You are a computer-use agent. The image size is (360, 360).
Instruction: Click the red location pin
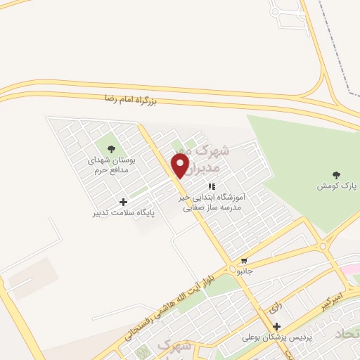[181, 165]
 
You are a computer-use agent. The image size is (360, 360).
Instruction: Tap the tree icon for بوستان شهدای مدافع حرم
[110, 148]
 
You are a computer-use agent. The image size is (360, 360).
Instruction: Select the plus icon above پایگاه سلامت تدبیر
[124, 202]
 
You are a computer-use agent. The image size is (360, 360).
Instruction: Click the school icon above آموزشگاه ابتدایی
[210, 186]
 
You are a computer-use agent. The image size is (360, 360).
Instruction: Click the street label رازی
[274, 307]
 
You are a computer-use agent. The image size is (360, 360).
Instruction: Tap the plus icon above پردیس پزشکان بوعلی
[276, 327]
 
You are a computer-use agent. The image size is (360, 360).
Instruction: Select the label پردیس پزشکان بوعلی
[278, 337]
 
